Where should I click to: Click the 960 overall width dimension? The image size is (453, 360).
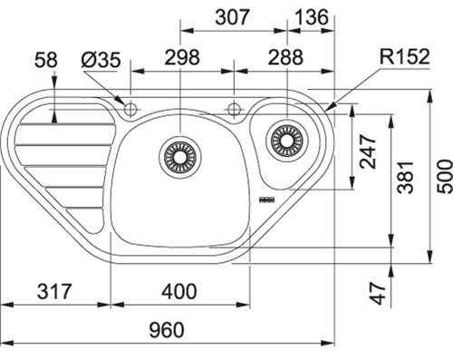[167, 330]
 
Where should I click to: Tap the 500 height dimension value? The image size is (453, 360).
[445, 177]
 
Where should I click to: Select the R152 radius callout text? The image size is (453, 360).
[404, 56]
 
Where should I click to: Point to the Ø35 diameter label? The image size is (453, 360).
[101, 60]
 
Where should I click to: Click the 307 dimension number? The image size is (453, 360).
[232, 17]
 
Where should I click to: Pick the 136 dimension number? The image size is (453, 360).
[311, 17]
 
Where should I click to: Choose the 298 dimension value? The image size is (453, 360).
[182, 57]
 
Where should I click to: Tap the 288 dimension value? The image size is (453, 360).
[285, 57]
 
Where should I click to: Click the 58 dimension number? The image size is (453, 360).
[46, 60]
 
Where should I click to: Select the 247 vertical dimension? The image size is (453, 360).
[368, 151]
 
